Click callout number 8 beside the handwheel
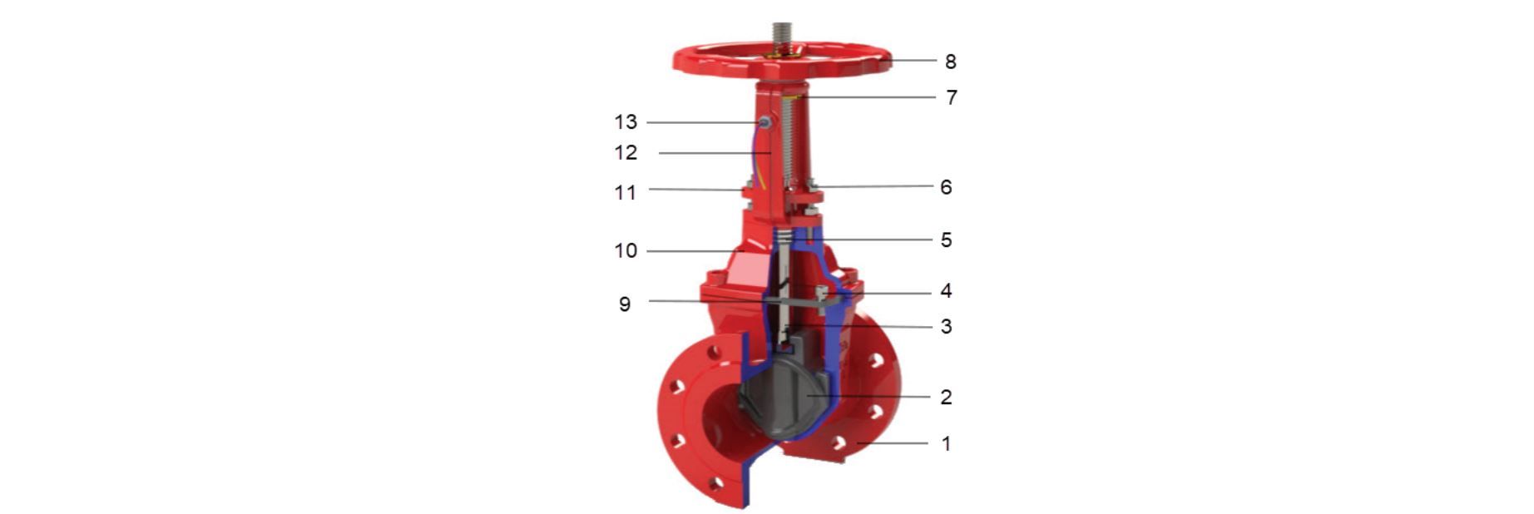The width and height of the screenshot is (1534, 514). [950, 62]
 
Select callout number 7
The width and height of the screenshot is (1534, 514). [951, 98]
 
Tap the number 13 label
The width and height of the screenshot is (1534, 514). [626, 122]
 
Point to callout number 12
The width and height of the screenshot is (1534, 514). [626, 153]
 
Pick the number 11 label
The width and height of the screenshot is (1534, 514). [625, 193]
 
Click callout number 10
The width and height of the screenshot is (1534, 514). [626, 251]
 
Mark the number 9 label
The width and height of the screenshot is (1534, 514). [625, 304]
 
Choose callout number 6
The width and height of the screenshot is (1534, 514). [946, 187]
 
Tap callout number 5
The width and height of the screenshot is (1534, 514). [946, 240]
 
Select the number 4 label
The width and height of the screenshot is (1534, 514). [946, 291]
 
